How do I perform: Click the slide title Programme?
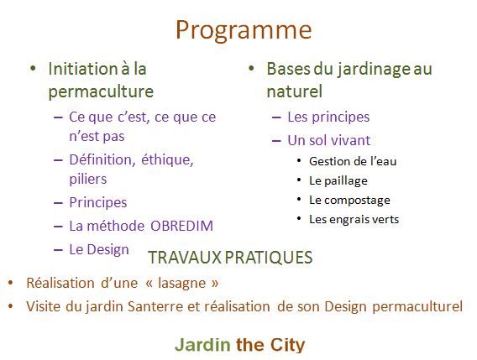(x=244, y=31)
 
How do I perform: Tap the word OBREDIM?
(x=181, y=226)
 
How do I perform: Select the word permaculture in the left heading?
(x=101, y=91)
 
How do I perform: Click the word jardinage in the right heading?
(x=373, y=70)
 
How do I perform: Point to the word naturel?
(x=294, y=91)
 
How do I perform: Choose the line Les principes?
(x=328, y=117)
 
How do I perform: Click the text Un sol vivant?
(x=329, y=140)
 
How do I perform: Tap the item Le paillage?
(x=338, y=181)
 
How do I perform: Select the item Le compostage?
(x=349, y=201)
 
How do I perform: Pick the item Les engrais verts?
(x=354, y=219)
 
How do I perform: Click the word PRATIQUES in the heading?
(x=269, y=258)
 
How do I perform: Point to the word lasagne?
(x=182, y=284)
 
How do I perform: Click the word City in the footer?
(x=287, y=346)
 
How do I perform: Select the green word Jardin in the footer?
(x=202, y=346)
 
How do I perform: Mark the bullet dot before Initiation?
(x=33, y=69)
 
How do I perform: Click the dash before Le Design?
(x=58, y=250)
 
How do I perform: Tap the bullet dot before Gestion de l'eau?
(x=299, y=160)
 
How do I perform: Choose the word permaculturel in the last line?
(x=417, y=307)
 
